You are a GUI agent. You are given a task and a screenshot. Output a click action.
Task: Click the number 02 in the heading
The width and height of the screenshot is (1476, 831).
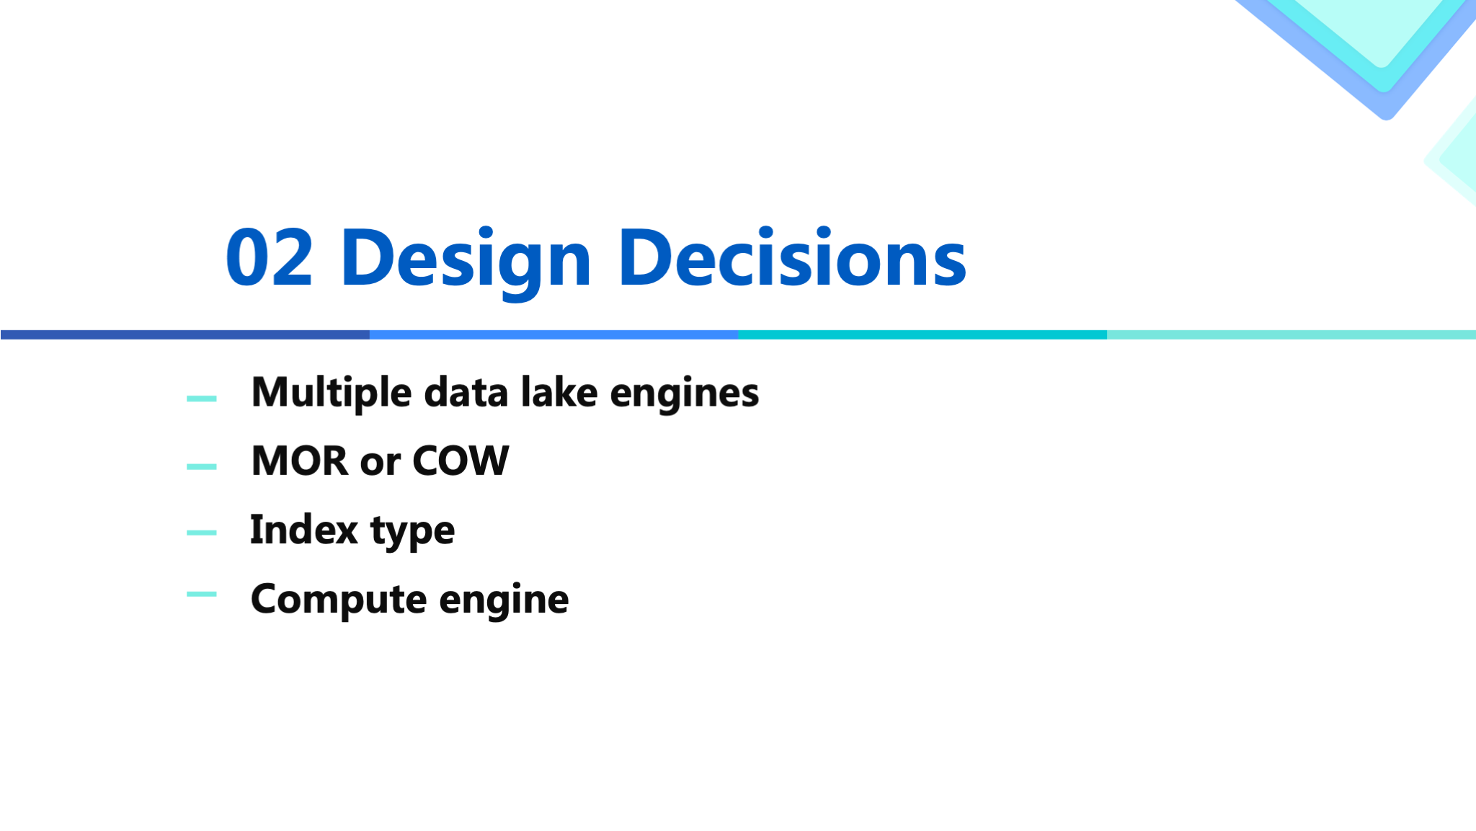pyautogui.click(x=270, y=257)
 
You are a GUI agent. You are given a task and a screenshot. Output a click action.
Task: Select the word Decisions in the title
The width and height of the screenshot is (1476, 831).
pyautogui.click(x=792, y=257)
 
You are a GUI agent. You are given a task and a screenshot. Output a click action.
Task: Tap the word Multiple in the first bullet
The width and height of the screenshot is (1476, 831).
pyautogui.click(x=332, y=394)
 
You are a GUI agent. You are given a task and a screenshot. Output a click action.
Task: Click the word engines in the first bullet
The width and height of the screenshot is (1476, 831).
pyautogui.click(x=685, y=395)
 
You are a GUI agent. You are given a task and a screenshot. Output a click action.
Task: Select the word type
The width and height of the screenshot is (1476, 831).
pyautogui.click(x=413, y=533)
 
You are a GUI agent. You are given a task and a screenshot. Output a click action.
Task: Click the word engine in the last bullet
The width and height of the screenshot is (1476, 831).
pyautogui.click(x=504, y=600)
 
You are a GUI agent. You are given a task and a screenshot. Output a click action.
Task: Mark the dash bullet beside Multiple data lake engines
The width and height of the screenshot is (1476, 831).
pyautogui.click(x=202, y=398)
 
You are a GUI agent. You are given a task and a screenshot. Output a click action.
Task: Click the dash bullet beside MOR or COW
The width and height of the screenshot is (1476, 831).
pyautogui.click(x=202, y=466)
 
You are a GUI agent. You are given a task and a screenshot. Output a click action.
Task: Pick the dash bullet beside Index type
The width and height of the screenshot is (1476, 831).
pyautogui.click(x=202, y=533)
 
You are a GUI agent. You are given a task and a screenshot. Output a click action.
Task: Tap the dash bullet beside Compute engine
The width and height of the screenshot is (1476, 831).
pyautogui.click(x=202, y=594)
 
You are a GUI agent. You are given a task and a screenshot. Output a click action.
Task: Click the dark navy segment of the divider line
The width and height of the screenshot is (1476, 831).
pyautogui.click(x=185, y=334)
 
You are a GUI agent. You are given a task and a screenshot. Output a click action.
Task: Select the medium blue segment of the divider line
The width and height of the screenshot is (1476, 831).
pyautogui.click(x=554, y=334)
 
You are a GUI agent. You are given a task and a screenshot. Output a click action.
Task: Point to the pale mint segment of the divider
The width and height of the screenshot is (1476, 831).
pyautogui.click(x=1291, y=334)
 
